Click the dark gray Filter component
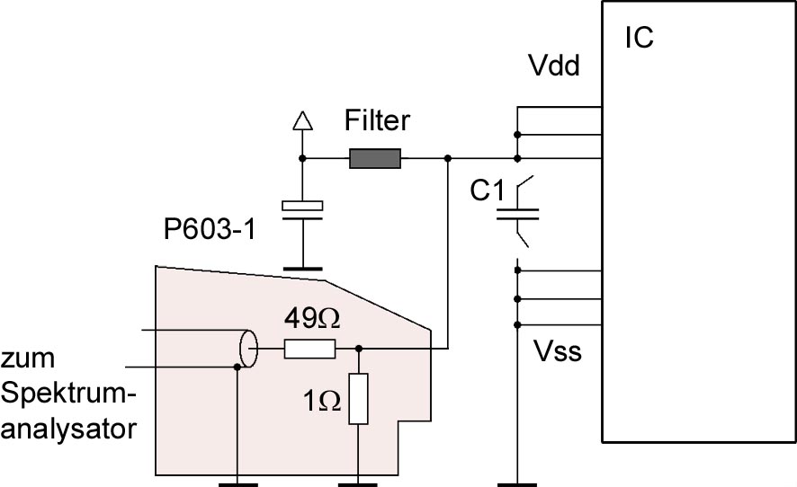point(375,158)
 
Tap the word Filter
point(377,120)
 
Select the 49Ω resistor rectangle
point(309,349)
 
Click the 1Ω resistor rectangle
point(358,399)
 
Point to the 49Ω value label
point(312,318)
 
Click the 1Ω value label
point(322,401)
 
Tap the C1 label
point(487,191)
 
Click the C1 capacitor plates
point(517,215)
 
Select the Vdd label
point(554,66)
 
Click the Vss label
point(558,351)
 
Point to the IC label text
point(639,38)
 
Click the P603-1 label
point(210,229)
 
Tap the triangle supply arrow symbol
point(303,120)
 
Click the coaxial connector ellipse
point(248,349)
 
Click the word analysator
point(69,429)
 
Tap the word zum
point(28,358)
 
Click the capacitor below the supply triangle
point(302,210)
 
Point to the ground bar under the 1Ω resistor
point(358,485)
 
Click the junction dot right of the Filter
point(448,158)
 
